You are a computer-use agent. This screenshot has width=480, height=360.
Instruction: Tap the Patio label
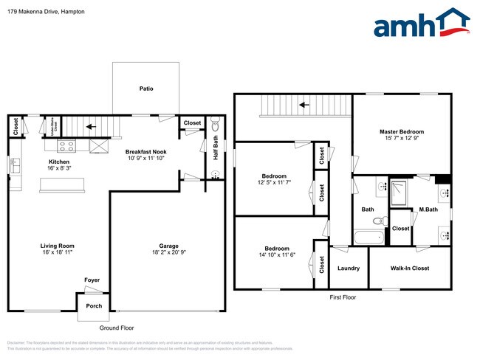pyautogui.click(x=146, y=89)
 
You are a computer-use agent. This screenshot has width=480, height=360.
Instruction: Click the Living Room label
pyautogui.click(x=57, y=246)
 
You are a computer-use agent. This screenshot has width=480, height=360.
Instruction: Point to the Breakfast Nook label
pyautogui.click(x=145, y=149)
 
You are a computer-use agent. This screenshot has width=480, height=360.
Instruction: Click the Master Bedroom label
pyautogui.click(x=402, y=131)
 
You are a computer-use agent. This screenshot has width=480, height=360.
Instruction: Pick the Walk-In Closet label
pyautogui.click(x=410, y=269)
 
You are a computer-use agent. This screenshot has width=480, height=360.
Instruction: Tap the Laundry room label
pyautogui.click(x=348, y=269)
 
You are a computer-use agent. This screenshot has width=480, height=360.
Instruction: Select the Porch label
pyautogui.click(x=94, y=305)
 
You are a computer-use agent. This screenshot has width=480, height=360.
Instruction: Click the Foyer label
pyautogui.click(x=92, y=280)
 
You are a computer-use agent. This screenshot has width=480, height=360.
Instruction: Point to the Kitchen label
pyautogui.click(x=59, y=162)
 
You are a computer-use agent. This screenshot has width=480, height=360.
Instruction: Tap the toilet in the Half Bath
pyautogui.click(x=214, y=123)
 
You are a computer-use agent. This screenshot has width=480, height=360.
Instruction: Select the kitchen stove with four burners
pyautogui.click(x=65, y=145)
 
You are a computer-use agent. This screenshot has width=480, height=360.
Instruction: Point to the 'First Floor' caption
pyautogui.click(x=342, y=297)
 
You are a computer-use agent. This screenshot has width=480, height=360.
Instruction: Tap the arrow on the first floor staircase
pyautogui.click(x=303, y=105)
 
